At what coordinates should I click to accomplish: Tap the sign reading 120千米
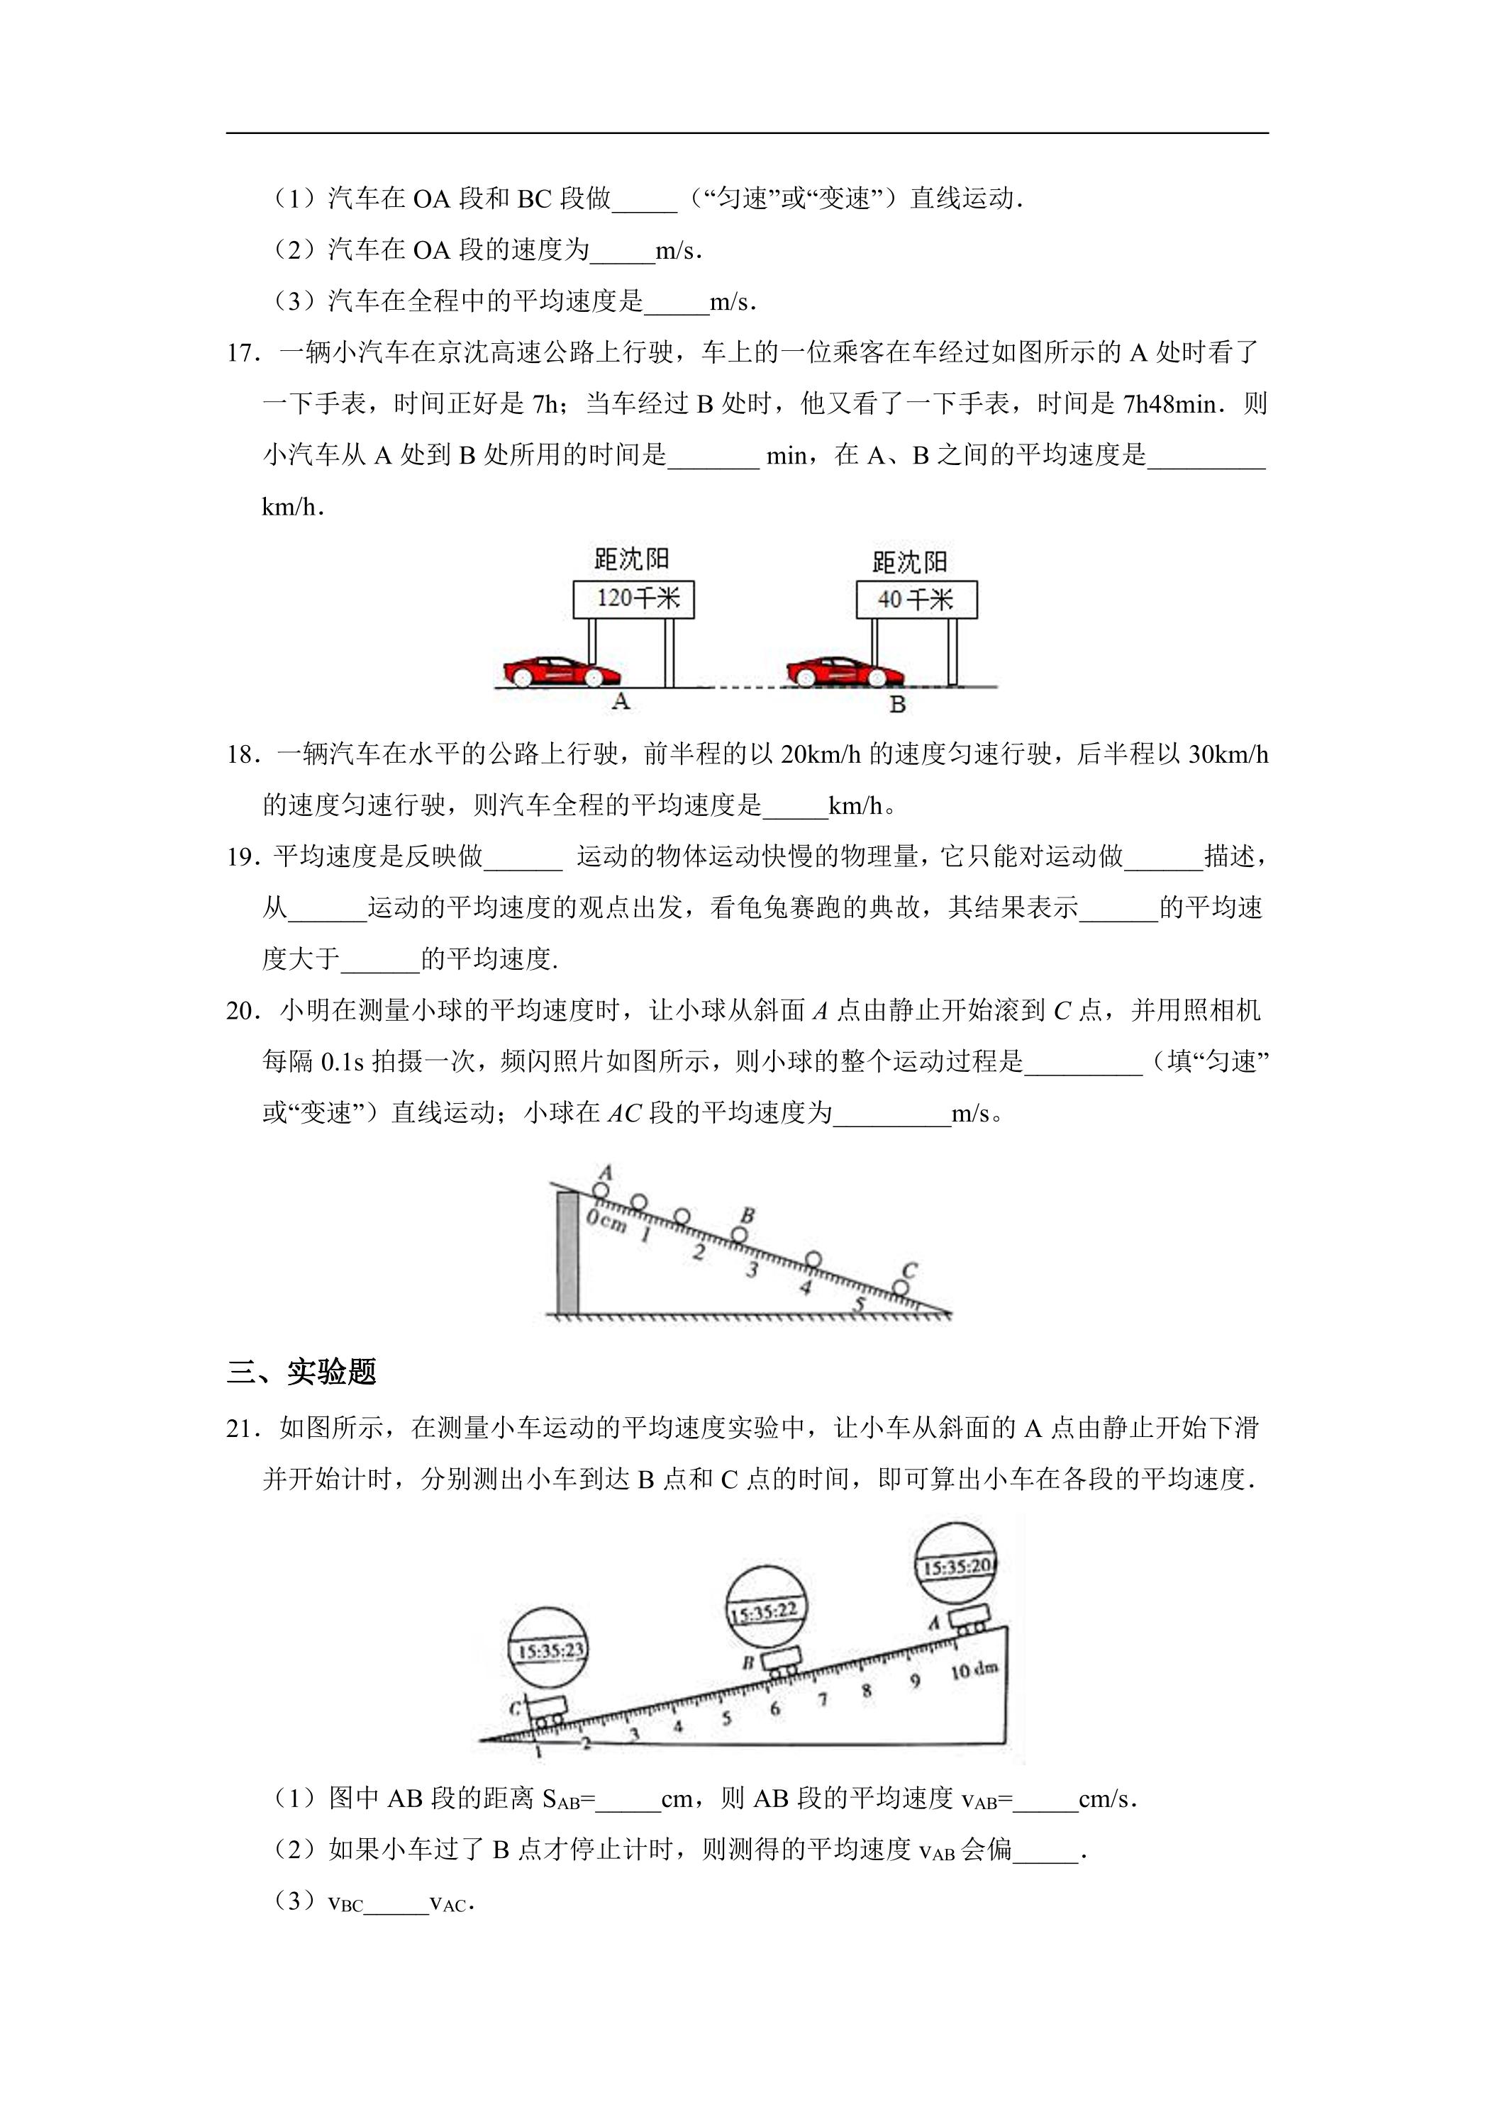tap(634, 600)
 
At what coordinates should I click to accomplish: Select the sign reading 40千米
tap(916, 600)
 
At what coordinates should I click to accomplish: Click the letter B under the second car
tap(897, 705)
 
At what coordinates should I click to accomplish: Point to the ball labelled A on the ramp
tap(601, 1190)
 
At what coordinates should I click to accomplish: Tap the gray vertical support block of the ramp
tap(568, 1252)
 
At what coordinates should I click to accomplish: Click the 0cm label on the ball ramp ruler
tap(607, 1221)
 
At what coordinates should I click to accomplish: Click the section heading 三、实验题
tap(301, 1372)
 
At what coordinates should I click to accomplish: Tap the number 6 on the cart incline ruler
tap(774, 1709)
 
